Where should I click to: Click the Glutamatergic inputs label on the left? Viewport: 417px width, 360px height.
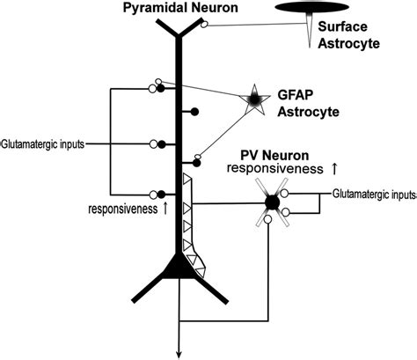pyautogui.click(x=42, y=143)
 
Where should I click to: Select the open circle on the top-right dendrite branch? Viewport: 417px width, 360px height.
pyautogui.click(x=205, y=26)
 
